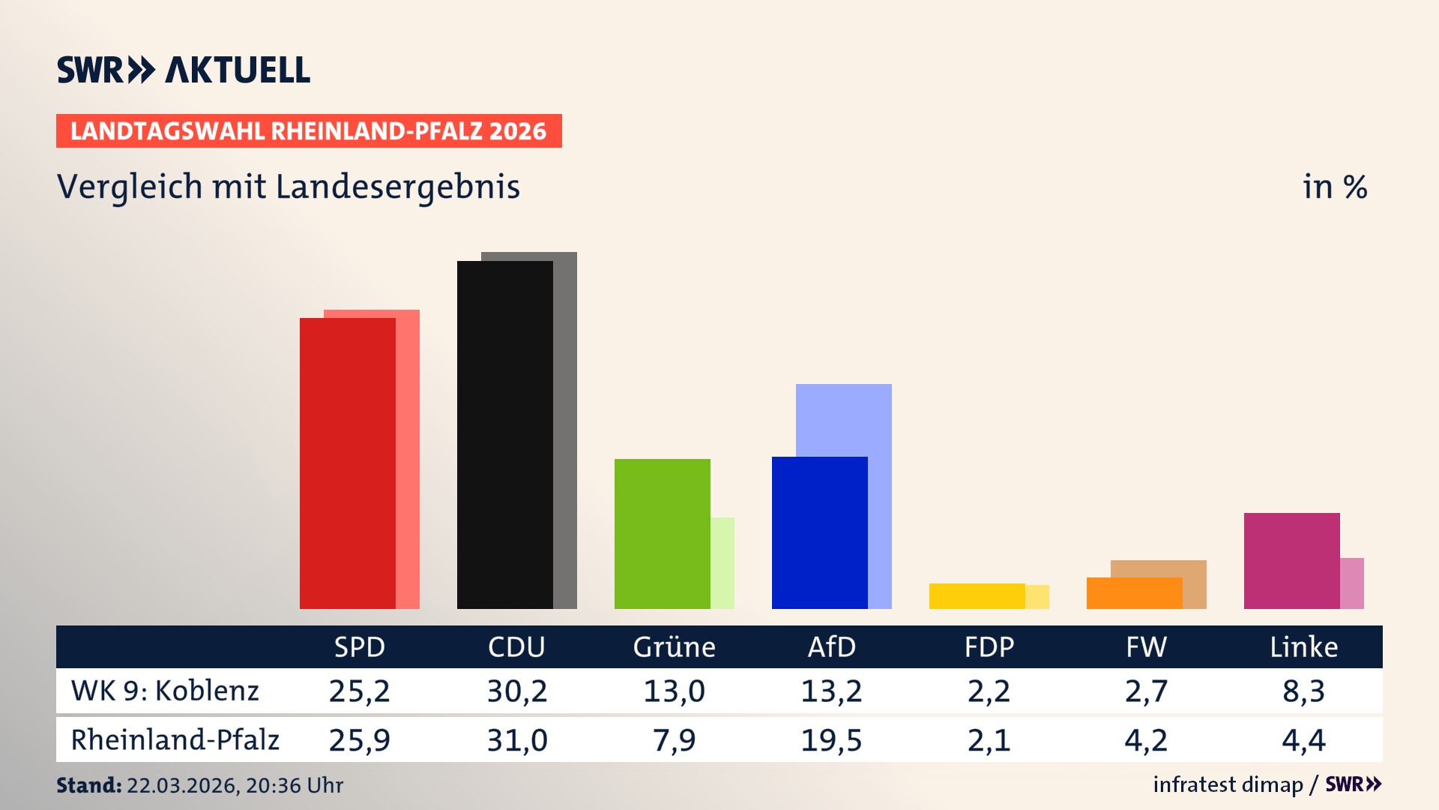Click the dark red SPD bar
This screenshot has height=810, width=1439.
347,463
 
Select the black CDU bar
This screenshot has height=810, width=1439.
504,434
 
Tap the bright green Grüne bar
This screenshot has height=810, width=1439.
662,533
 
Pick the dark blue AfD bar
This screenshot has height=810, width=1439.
819,532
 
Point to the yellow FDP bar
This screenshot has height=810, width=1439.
977,595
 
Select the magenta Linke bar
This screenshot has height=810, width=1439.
1291,560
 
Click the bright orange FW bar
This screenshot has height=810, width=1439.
1134,592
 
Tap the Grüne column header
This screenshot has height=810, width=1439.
674,646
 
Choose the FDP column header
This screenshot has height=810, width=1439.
989,646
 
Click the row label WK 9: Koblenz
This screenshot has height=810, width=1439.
165,691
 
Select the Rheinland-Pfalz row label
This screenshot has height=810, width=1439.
175,739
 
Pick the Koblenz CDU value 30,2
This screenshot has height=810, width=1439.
517,691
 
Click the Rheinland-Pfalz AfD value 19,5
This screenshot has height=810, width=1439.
831,740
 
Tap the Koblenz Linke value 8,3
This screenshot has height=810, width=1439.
1303,691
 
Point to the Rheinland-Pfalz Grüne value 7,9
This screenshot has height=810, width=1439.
674,740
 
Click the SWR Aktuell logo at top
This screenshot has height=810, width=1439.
184,70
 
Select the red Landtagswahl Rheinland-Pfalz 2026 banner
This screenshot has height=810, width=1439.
309,131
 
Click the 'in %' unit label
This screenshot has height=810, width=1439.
1334,187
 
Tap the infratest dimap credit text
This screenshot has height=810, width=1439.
1228,784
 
